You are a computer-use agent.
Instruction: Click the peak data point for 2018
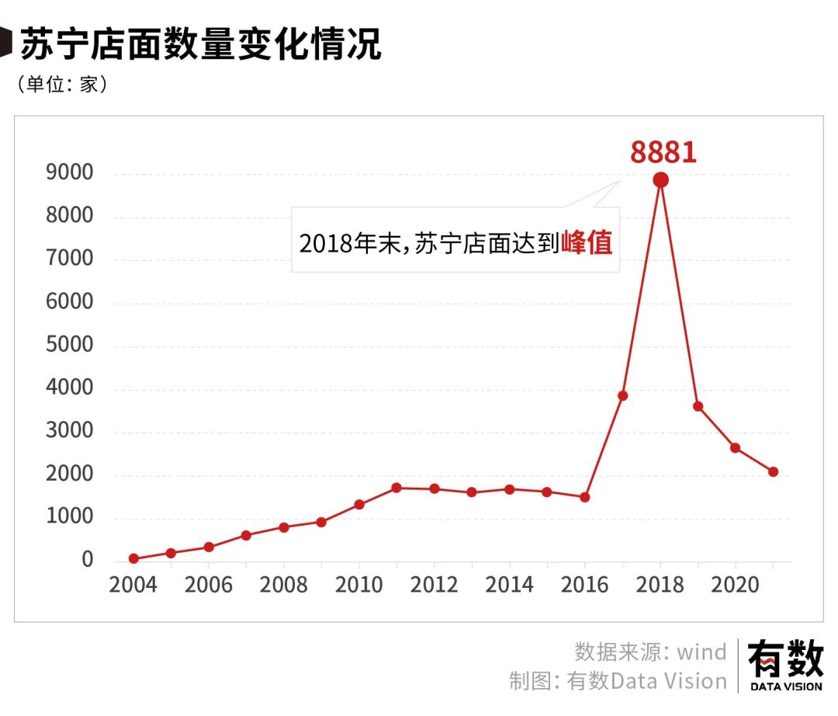tap(660, 180)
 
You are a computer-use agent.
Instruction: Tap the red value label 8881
tap(663, 152)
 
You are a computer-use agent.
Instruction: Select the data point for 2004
tap(133, 558)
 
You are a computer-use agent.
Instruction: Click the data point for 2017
tap(622, 395)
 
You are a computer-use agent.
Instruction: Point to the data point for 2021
tap(773, 471)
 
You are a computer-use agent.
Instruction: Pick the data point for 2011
tap(396, 488)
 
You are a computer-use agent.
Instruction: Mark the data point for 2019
tap(698, 406)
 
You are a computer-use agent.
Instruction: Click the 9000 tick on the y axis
tap(70, 173)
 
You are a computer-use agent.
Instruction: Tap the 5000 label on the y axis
tap(70, 346)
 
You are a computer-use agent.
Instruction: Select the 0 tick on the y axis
tap(87, 560)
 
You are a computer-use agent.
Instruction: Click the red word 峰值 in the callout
tap(587, 243)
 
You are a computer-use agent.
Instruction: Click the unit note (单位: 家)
tap(62, 84)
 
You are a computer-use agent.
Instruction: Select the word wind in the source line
tap(701, 652)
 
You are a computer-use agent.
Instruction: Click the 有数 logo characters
tap(785, 659)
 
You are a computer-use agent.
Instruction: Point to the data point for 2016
tap(585, 497)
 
